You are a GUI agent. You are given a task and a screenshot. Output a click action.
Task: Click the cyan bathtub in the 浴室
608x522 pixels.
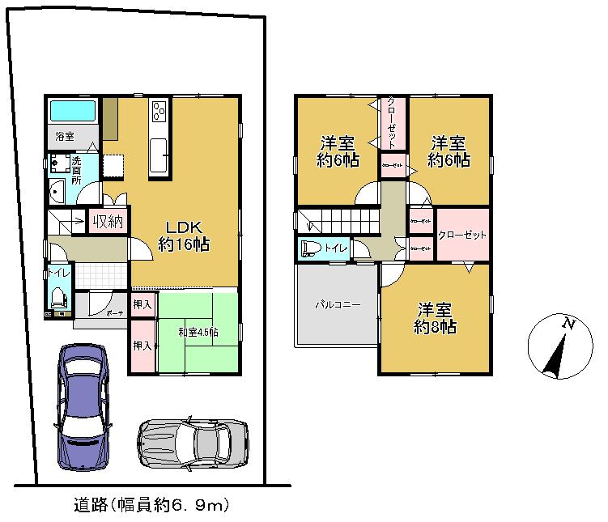73,111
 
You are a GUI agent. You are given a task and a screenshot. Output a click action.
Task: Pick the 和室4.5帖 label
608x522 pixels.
198,331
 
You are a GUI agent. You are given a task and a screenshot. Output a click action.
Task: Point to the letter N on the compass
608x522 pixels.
569,325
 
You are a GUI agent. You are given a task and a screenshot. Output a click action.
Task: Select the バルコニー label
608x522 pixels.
337,305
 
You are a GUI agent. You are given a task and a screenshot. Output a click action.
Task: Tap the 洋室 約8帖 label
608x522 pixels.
435,318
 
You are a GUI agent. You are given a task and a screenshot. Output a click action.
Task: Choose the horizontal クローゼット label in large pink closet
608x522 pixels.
462,235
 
